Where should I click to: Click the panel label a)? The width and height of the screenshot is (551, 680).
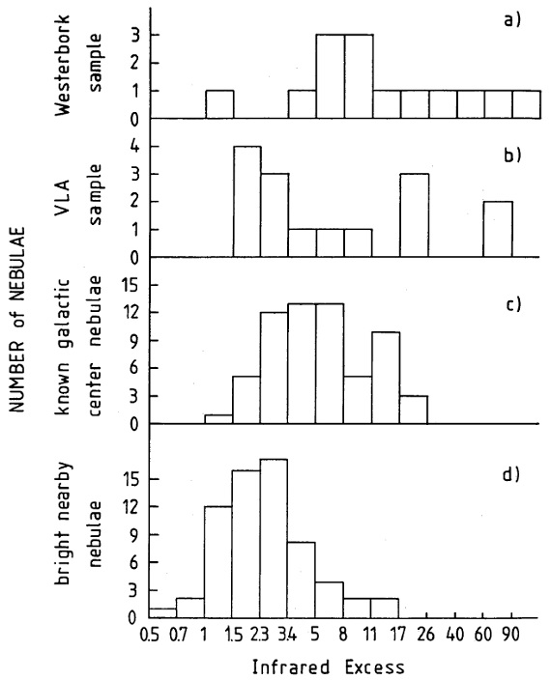[511, 19]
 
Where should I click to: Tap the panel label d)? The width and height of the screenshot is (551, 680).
[511, 474]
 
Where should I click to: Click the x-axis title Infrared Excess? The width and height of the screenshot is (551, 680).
[328, 666]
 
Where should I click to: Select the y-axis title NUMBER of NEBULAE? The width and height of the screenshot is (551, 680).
[17, 319]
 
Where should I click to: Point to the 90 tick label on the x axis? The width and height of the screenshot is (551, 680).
[510, 635]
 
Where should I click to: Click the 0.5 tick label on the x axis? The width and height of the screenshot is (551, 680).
[150, 635]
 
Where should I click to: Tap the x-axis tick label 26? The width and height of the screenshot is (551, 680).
[426, 635]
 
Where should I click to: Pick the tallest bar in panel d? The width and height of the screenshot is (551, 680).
[274, 538]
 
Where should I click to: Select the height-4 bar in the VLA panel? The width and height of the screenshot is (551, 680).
[247, 202]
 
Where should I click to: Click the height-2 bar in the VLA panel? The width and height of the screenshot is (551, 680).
[498, 230]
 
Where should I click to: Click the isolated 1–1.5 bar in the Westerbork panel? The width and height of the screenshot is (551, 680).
[219, 104]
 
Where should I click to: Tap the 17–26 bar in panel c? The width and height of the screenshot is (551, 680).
[414, 410]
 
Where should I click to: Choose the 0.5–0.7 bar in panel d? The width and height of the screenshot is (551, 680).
[162, 612]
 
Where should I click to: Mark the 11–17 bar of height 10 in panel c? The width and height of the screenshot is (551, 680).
[386, 378]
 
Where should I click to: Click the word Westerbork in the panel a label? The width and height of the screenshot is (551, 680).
[64, 65]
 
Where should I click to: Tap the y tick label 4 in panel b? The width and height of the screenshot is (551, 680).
[134, 147]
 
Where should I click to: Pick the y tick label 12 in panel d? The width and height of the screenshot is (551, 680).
[130, 506]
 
